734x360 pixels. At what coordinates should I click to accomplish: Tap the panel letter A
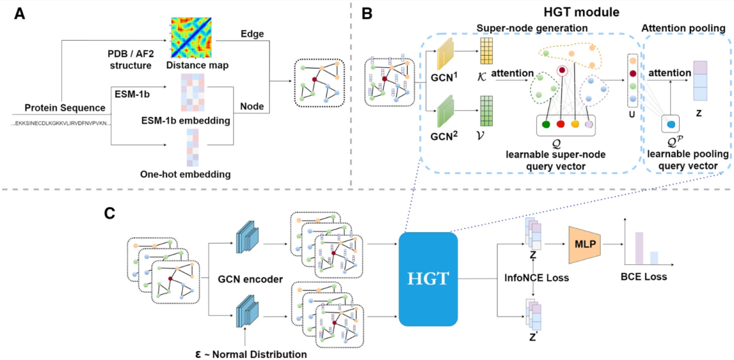[x=20, y=13]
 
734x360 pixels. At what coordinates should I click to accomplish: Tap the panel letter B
[x=368, y=13]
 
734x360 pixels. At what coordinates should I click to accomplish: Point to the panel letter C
[x=109, y=213]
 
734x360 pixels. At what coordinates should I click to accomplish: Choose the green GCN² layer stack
[x=447, y=112]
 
